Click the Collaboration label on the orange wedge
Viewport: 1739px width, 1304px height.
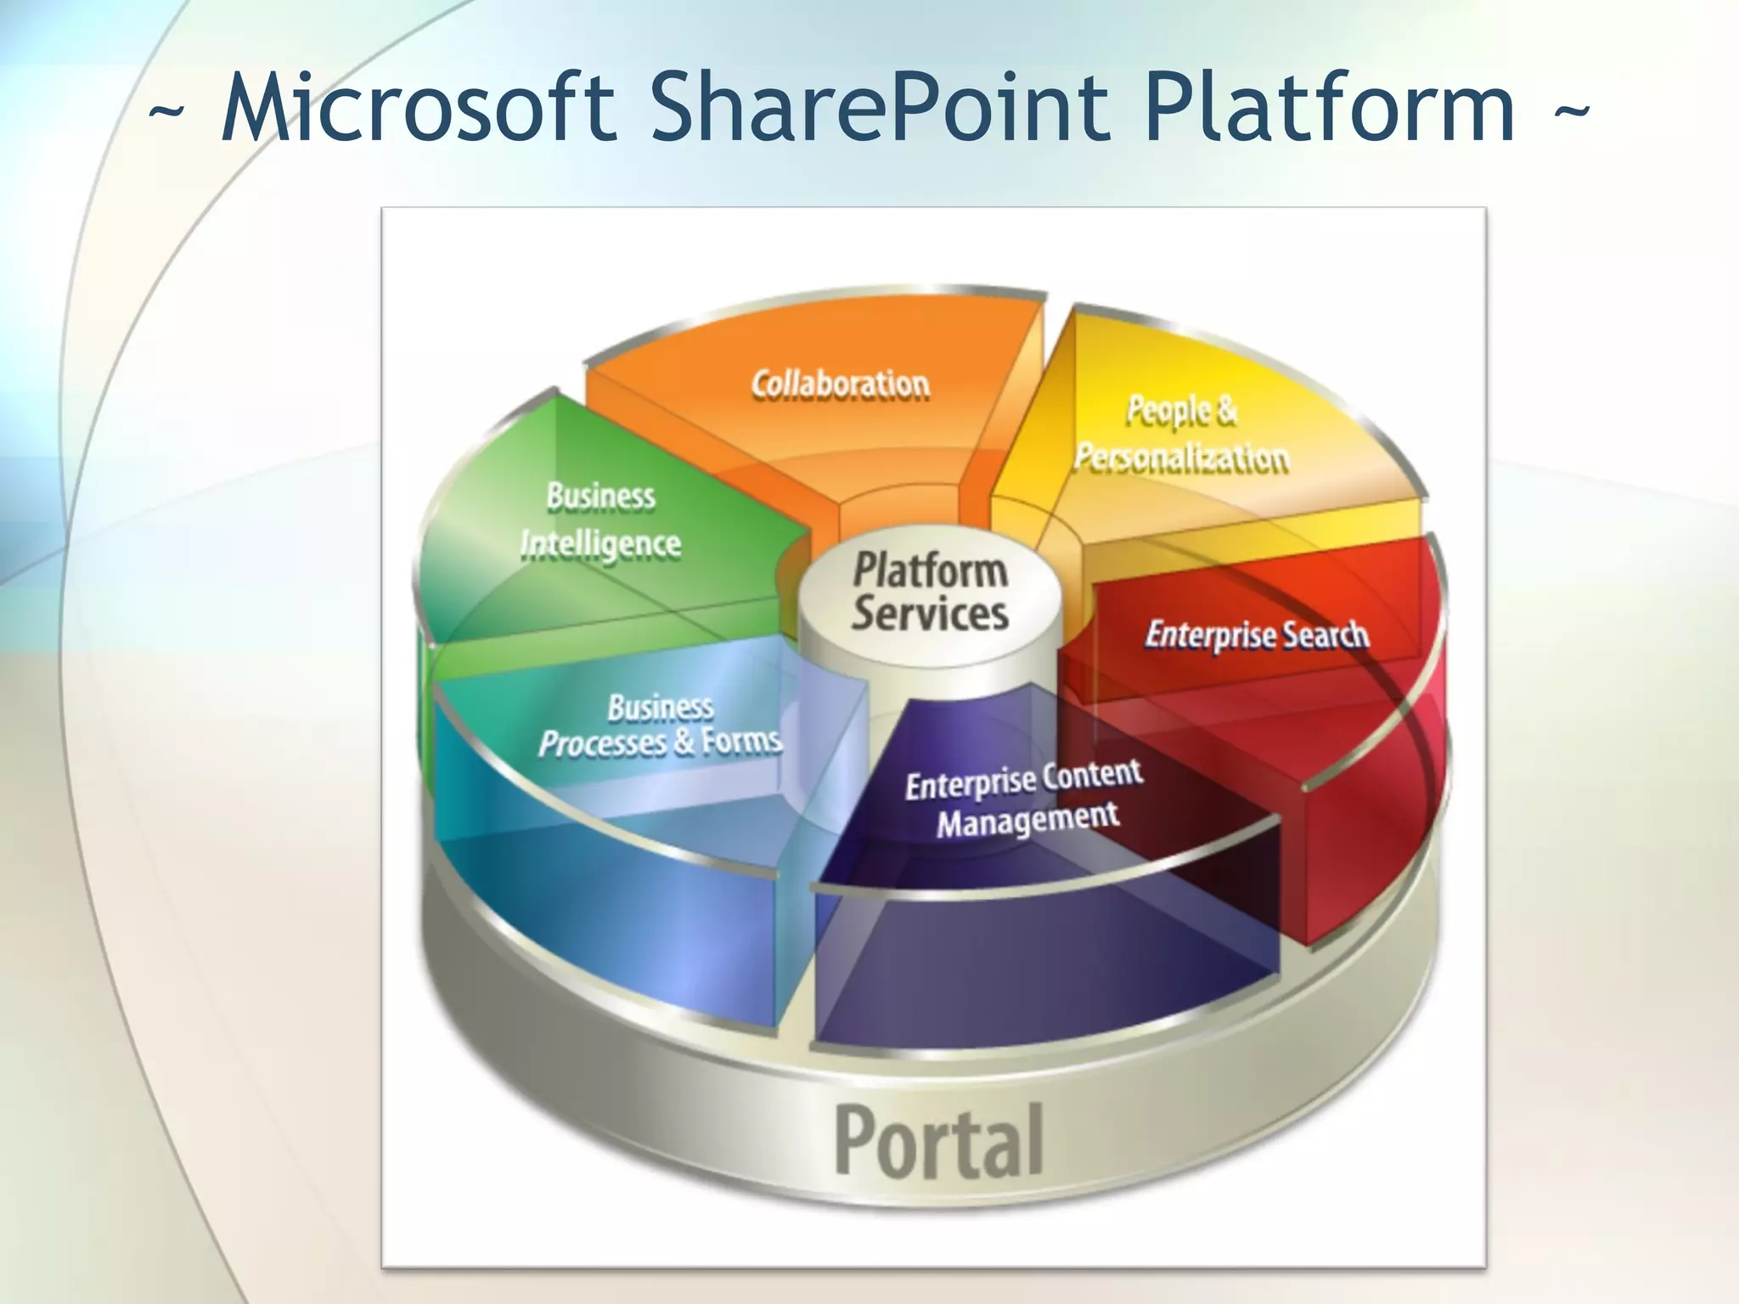coord(841,385)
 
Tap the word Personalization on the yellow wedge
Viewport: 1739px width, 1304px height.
coord(1181,458)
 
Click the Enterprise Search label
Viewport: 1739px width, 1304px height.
coord(1257,635)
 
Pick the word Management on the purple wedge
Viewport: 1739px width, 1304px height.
coord(1027,819)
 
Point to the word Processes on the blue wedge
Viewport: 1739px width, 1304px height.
coord(603,744)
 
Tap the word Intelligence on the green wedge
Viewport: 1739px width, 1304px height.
coord(601,544)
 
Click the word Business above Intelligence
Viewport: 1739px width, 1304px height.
coord(601,496)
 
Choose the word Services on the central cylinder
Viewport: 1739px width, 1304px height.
coord(930,613)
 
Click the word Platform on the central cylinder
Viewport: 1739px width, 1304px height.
coord(930,569)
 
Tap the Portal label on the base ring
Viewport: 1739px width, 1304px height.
coord(938,1142)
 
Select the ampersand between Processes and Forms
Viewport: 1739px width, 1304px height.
coord(684,742)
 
